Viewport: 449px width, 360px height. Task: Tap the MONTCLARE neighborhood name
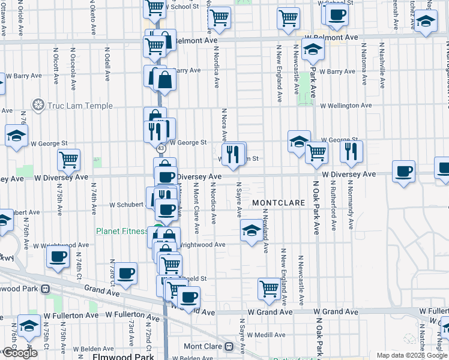(x=279, y=203)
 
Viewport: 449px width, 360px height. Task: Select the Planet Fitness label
(x=122, y=231)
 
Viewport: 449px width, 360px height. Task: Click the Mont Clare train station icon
(x=228, y=347)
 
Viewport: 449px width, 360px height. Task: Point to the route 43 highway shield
(x=160, y=148)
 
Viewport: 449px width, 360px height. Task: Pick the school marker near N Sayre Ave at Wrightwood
(x=252, y=229)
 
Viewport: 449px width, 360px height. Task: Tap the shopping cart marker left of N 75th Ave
(x=69, y=160)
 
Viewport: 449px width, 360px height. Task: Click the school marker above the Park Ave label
(x=313, y=50)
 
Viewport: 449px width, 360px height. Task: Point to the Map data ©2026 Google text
(x=412, y=355)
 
